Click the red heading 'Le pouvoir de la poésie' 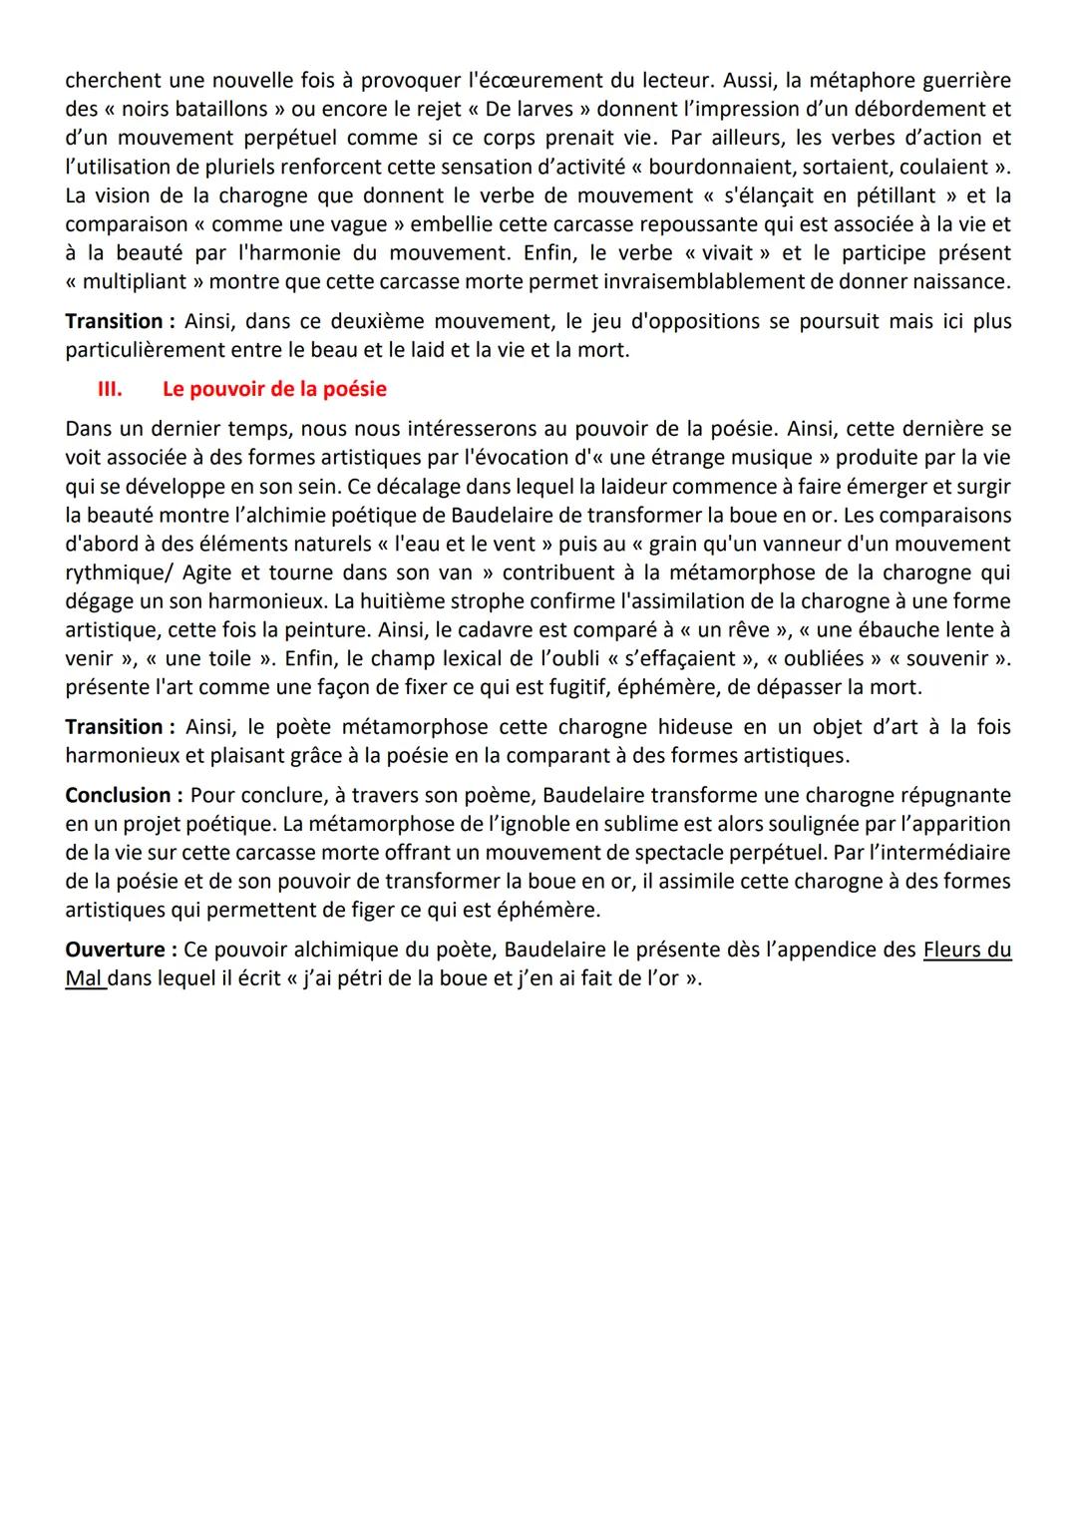[274, 389]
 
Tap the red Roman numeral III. [109, 389]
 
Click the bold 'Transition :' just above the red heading [120, 321]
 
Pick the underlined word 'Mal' [84, 978]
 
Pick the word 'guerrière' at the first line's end [963, 79]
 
